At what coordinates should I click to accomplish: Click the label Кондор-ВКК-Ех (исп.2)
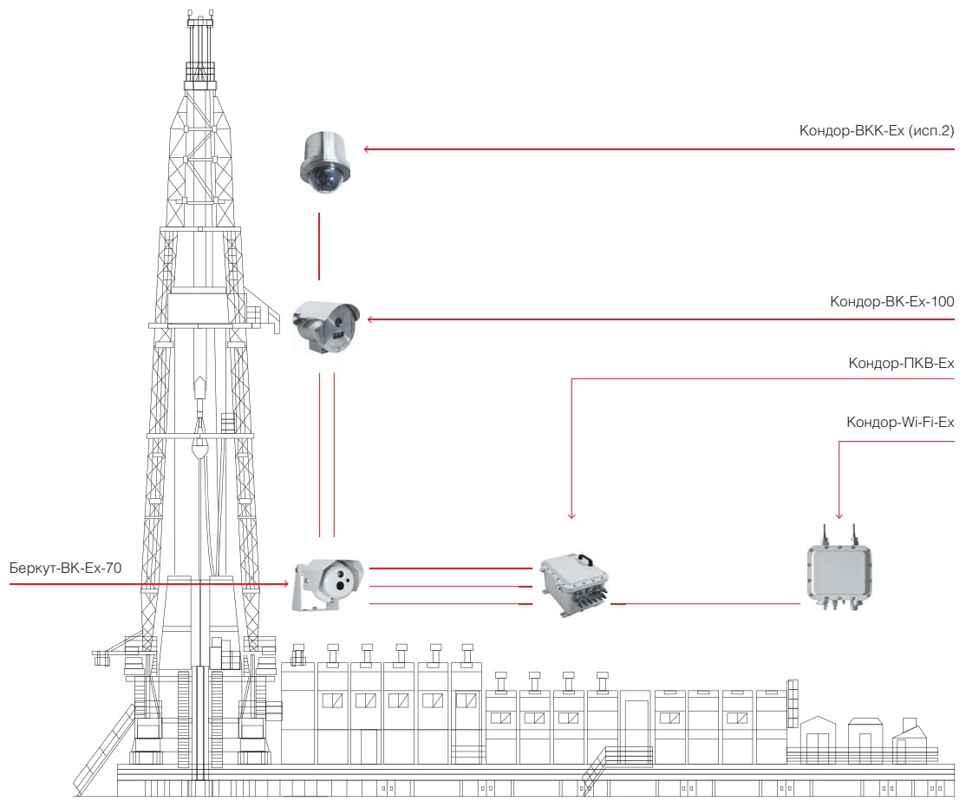click(876, 131)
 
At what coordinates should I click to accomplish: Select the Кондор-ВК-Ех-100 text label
click(891, 302)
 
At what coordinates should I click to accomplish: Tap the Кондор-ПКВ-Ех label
click(901, 364)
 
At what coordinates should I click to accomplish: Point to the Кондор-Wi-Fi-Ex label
click(899, 423)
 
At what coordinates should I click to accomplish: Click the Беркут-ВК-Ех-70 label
click(65, 568)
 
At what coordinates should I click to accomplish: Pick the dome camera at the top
click(324, 162)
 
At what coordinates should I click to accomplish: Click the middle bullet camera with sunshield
click(325, 327)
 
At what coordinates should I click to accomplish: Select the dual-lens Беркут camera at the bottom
click(327, 585)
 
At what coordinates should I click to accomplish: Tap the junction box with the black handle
click(575, 584)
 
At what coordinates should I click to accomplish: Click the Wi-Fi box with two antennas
click(839, 569)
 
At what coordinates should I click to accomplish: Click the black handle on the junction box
click(584, 559)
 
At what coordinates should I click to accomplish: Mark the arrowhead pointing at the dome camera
click(367, 149)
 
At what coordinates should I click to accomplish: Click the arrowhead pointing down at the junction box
click(571, 516)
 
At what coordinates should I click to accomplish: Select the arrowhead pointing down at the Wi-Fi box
click(839, 516)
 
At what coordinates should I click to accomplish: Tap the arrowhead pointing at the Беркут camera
click(286, 583)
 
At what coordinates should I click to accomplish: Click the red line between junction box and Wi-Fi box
click(705, 604)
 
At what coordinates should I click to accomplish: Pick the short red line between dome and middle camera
click(319, 246)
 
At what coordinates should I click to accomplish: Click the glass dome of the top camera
click(324, 181)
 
